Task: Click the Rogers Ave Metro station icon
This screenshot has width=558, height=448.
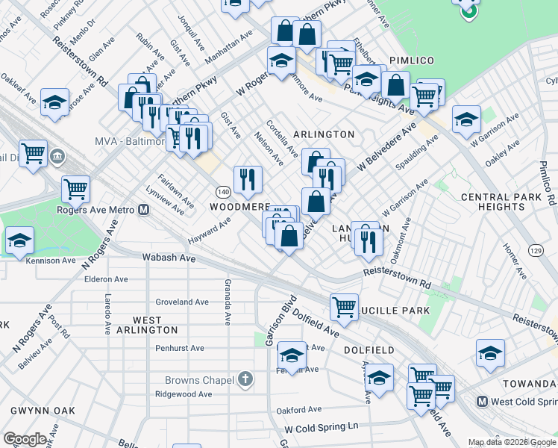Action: click(x=143, y=210)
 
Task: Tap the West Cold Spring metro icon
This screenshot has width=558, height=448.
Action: click(x=482, y=401)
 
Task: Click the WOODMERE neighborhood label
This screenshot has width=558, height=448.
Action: click(x=239, y=206)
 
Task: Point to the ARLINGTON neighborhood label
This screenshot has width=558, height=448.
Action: click(x=324, y=134)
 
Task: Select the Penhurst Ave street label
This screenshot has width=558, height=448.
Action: click(x=179, y=348)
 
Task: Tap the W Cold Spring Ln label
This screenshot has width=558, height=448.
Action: click(x=322, y=428)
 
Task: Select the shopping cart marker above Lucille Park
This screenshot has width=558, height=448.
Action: click(x=344, y=305)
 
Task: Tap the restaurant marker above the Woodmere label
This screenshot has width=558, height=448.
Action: click(x=247, y=178)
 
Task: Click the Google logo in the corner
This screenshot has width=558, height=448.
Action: click(x=25, y=439)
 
